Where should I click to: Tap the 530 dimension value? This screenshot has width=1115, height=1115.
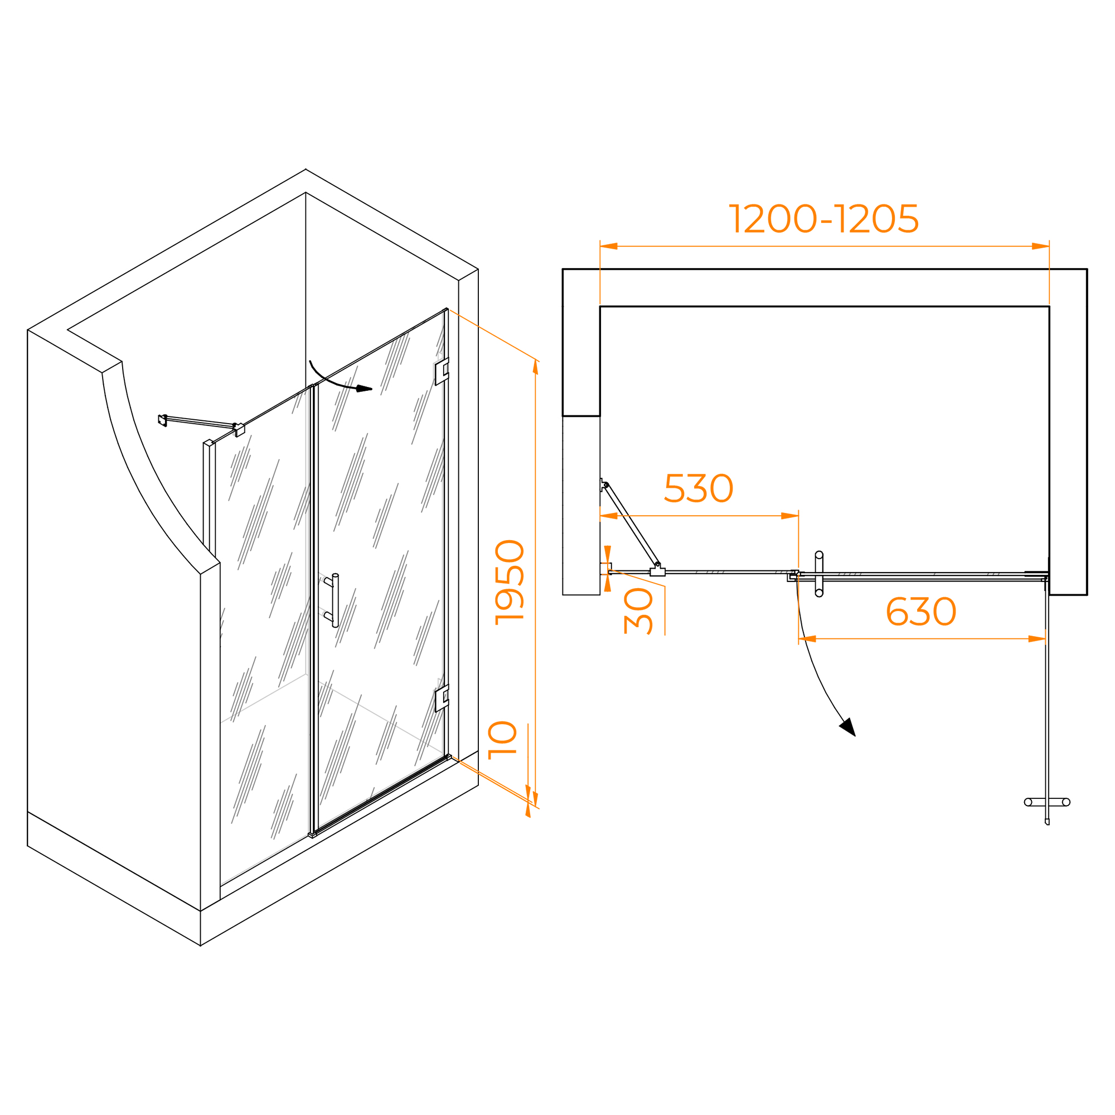click(699, 488)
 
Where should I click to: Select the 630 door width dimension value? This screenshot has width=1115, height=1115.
click(921, 612)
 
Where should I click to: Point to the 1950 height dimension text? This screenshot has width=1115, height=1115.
click(510, 583)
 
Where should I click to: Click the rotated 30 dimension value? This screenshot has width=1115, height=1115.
click(638, 611)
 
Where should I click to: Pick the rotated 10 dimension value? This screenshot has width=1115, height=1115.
click(502, 740)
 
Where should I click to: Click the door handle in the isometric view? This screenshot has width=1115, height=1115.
click(334, 601)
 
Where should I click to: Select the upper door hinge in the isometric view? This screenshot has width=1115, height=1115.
click(442, 371)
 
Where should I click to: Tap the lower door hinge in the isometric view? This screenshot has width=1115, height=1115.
click(442, 699)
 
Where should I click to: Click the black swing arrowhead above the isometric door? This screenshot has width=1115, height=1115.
click(363, 389)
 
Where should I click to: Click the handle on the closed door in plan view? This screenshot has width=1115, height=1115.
click(819, 574)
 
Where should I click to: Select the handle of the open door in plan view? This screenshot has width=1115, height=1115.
click(1047, 802)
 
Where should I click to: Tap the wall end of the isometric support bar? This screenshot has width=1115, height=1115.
click(163, 420)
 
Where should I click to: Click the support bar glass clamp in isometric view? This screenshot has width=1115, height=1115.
click(240, 430)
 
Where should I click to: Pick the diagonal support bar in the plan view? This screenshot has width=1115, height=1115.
click(632, 525)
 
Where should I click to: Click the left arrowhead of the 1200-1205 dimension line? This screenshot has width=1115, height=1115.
click(609, 246)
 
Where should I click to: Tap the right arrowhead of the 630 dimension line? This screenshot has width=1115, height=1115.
click(1037, 639)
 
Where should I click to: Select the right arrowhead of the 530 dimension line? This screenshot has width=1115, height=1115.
click(789, 516)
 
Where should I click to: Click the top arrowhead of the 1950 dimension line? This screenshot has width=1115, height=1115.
click(536, 367)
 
